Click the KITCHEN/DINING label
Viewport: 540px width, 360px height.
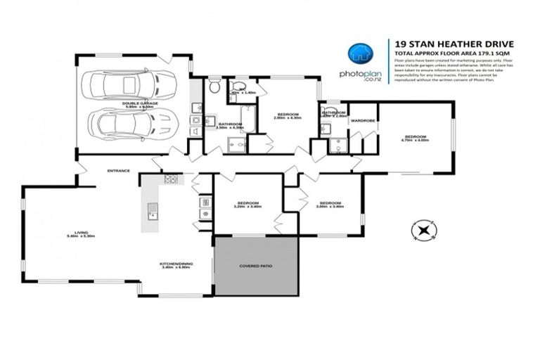pyautogui.click(x=177, y=264)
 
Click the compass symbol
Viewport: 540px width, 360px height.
pyautogui.click(x=423, y=230)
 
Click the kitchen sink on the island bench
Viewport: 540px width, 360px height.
pyautogui.click(x=152, y=209)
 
